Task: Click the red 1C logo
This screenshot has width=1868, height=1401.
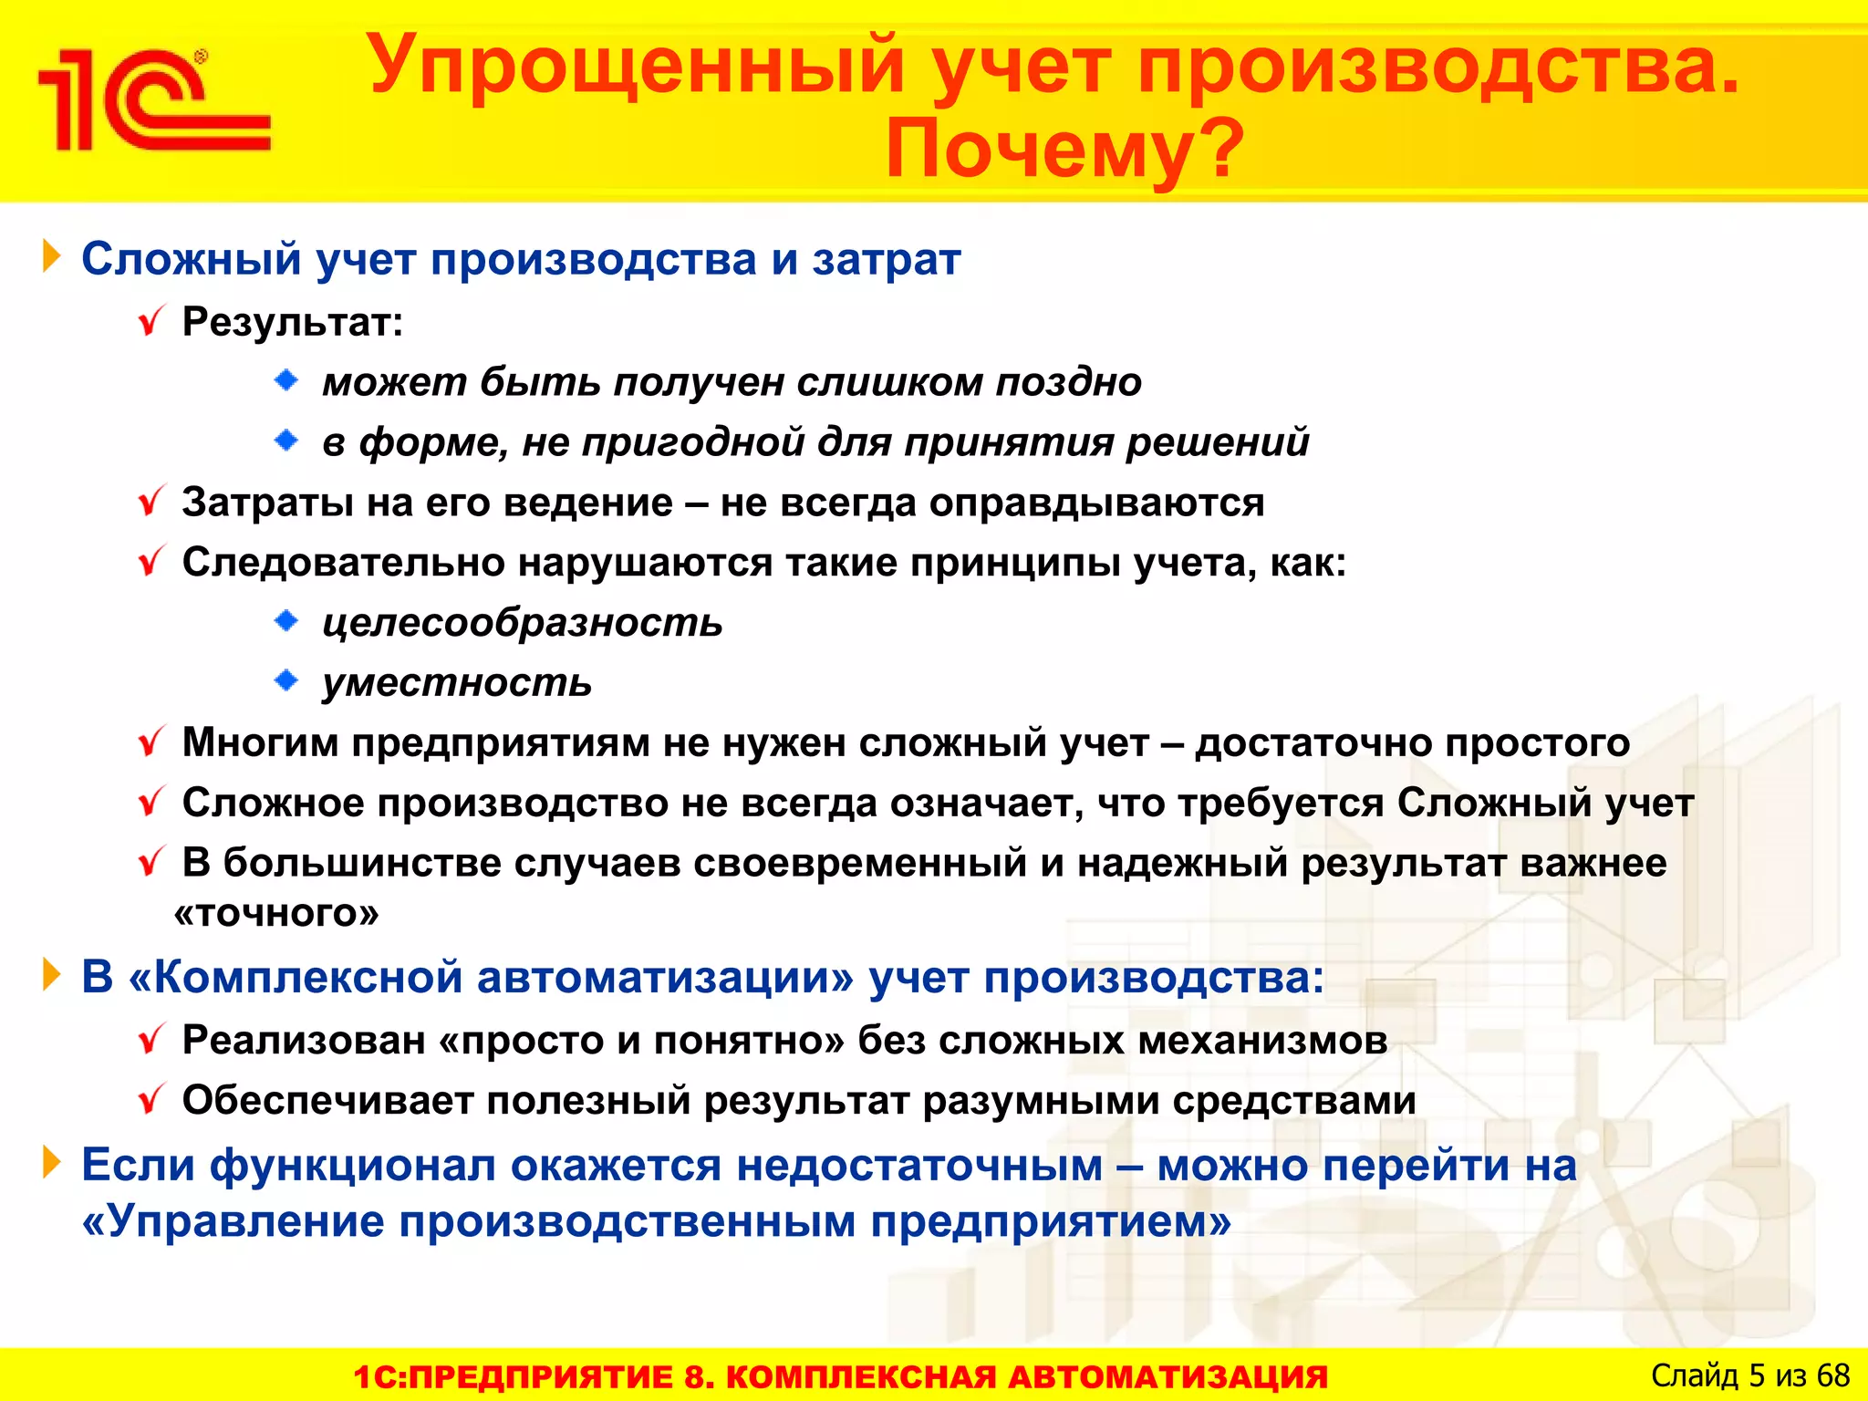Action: [153, 100]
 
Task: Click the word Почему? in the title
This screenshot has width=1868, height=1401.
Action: [1064, 149]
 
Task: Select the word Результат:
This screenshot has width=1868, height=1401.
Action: [293, 322]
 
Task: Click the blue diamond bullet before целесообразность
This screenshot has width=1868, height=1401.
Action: [286, 621]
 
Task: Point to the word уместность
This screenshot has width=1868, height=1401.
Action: [457, 682]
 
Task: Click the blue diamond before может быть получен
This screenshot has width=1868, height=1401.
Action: [286, 380]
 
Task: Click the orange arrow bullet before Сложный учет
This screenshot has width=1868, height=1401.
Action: [51, 258]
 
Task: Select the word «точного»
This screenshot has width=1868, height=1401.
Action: [276, 913]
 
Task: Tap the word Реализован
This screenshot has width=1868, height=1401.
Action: [304, 1040]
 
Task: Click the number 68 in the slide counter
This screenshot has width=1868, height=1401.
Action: [1832, 1375]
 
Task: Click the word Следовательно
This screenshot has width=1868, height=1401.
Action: [343, 562]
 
